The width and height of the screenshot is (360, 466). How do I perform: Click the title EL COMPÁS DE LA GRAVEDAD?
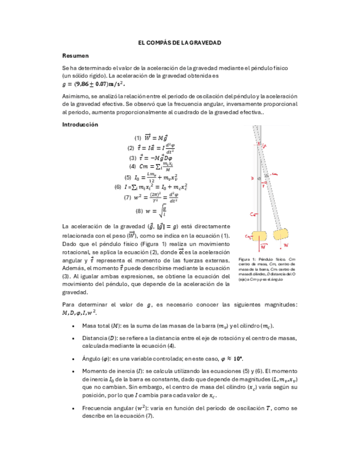pos(179,42)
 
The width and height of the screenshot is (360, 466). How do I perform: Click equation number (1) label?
pos(137,137)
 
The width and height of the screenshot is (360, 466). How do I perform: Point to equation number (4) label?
pos(132,166)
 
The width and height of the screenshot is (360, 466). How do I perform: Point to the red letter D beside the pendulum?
pos(252,179)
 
